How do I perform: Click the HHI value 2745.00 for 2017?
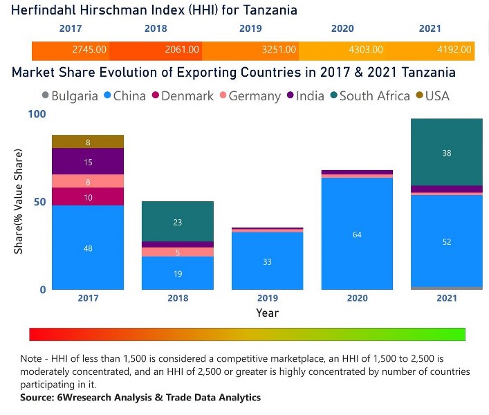tap(89, 50)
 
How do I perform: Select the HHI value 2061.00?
tap(182, 50)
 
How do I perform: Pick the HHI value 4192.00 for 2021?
tap(454, 50)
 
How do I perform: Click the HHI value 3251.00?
tap(279, 50)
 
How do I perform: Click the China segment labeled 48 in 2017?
tap(88, 248)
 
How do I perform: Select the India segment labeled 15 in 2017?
tap(88, 162)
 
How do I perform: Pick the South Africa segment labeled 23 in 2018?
tap(178, 222)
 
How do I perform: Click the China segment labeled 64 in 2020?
tap(357, 234)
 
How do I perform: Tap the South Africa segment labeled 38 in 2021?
tap(446, 152)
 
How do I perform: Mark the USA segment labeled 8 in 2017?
tap(88, 142)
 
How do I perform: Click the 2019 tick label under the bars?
tap(267, 297)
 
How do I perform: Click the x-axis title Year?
tap(267, 313)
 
